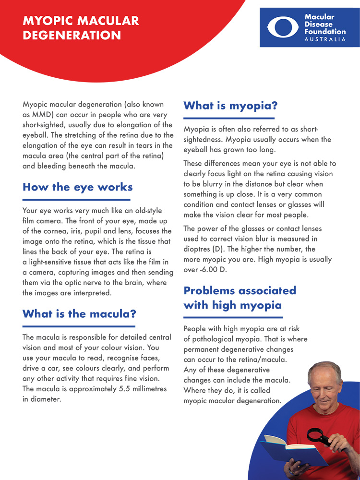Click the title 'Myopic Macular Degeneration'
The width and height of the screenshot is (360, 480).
[81, 28]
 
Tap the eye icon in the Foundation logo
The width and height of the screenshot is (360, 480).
[283, 27]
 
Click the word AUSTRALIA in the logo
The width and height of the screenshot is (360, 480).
[325, 39]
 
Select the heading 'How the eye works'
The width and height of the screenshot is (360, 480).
[77, 187]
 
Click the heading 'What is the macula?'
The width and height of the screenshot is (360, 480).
[79, 314]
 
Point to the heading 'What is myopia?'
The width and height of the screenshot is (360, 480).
[230, 106]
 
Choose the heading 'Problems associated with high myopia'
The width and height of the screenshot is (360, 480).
[240, 298]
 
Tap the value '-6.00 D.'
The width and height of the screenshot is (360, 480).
[215, 270]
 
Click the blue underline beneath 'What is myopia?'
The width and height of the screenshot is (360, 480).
[229, 118]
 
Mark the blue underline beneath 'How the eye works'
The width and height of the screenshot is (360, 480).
[76, 199]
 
